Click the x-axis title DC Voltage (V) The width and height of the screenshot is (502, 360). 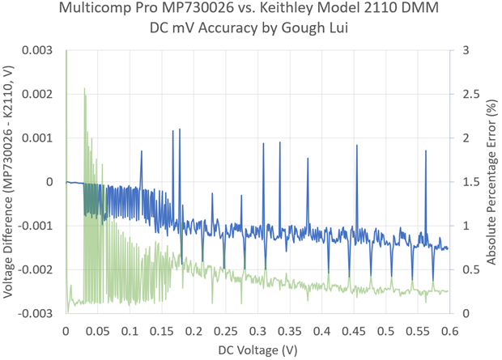click(x=257, y=349)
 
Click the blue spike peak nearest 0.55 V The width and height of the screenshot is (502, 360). click(x=426, y=151)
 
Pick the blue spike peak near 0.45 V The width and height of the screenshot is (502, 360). click(x=356, y=146)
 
